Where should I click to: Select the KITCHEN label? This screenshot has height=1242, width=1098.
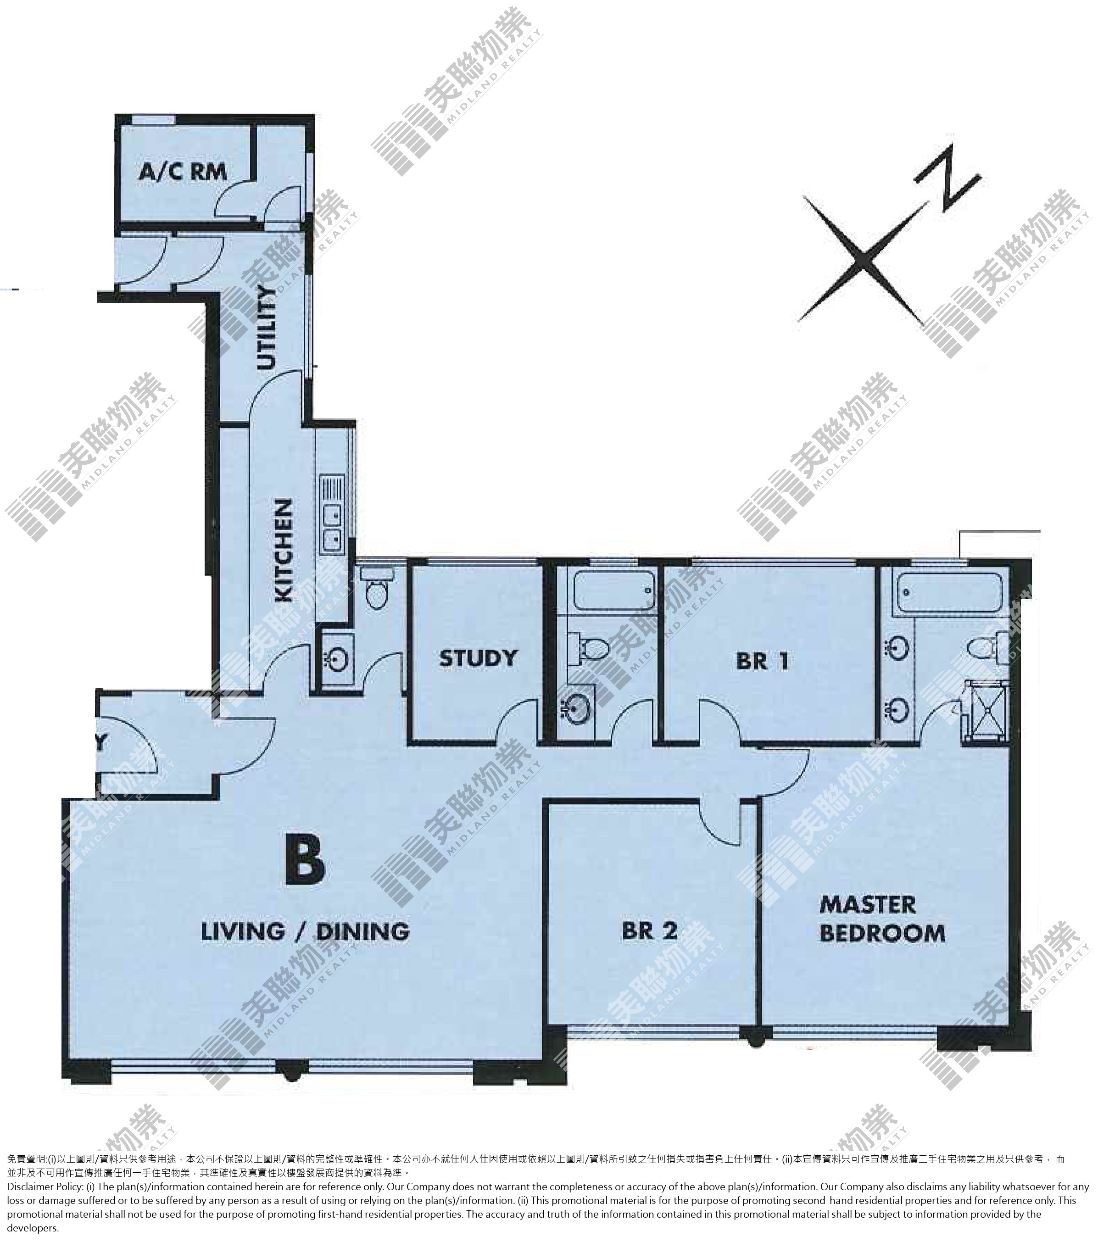click(x=284, y=551)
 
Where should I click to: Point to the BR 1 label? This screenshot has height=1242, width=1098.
click(x=763, y=661)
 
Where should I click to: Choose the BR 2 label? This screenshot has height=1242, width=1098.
click(x=649, y=931)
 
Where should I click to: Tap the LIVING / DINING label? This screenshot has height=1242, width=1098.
click(x=305, y=931)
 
